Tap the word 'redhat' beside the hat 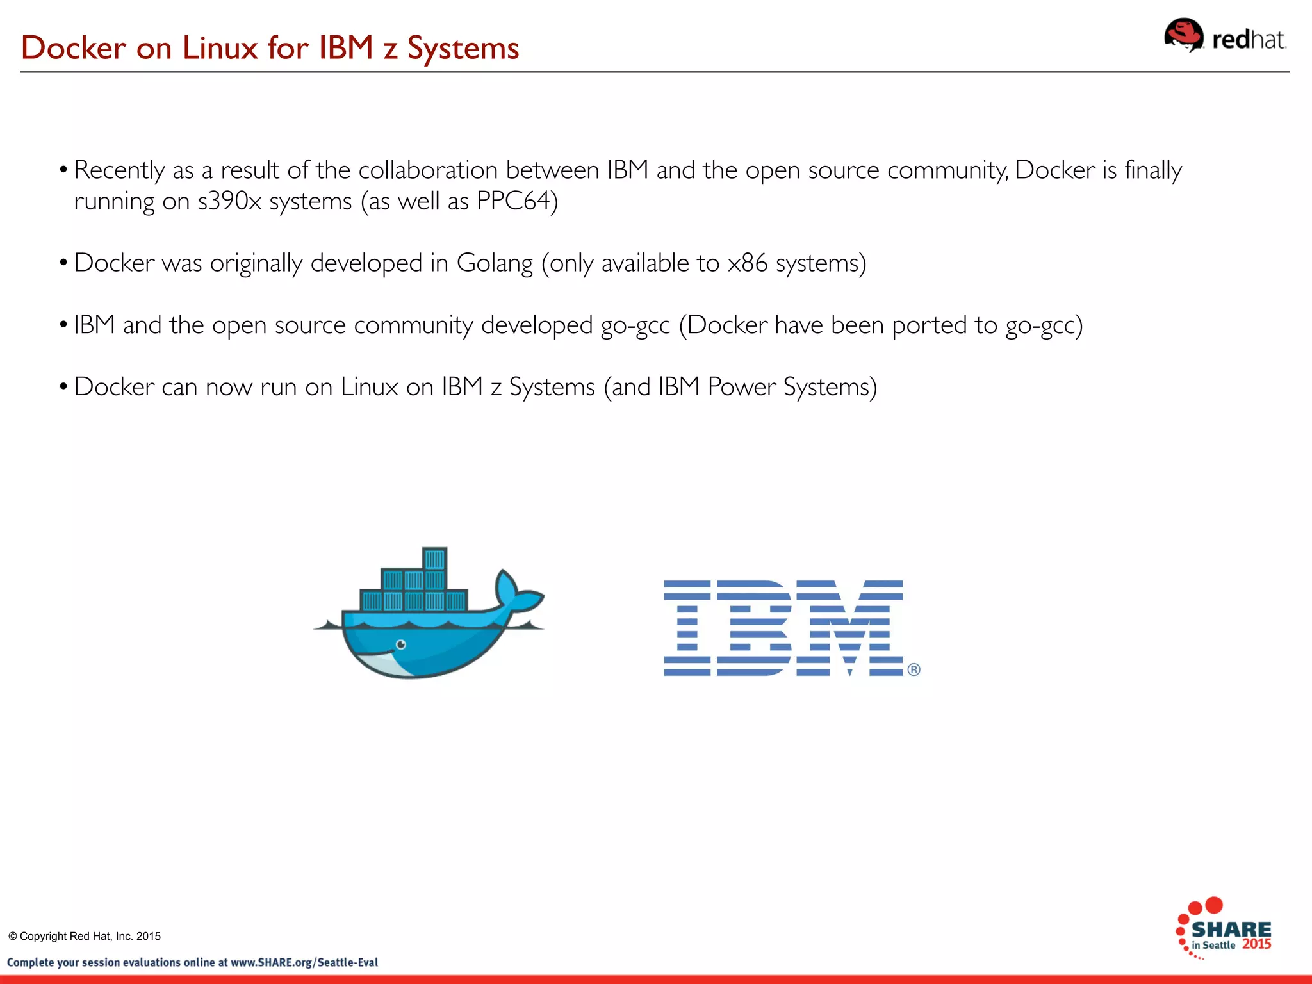pos(1248,40)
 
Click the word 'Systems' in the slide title pos(463,48)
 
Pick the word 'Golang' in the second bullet pos(495,263)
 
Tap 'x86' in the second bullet pos(747,263)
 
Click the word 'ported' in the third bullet pos(930,325)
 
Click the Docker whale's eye pos(401,644)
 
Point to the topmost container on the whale pos(435,559)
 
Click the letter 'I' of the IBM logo pos(687,628)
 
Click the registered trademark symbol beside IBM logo pos(914,669)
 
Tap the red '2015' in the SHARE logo pos(1256,944)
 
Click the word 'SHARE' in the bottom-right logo pos(1231,929)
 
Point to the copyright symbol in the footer pos(12,936)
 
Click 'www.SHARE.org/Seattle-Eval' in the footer pos(304,962)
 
